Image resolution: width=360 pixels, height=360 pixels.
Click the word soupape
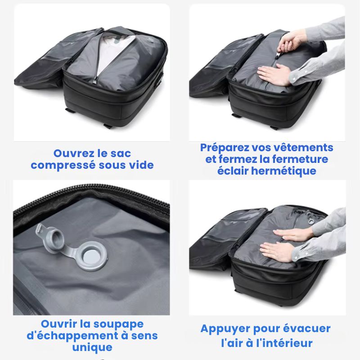(118, 324)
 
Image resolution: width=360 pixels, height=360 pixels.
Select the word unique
(92, 347)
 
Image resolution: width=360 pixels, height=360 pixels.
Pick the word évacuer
(307, 328)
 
